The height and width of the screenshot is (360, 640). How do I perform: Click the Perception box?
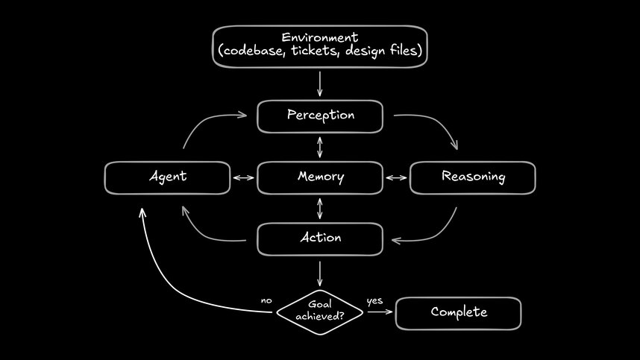point(320,116)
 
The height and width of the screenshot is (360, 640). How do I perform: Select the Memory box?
point(320,177)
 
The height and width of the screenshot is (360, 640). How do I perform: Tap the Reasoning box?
point(473,177)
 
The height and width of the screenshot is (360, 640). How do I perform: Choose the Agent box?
point(167,177)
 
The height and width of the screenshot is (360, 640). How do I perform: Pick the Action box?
point(320,239)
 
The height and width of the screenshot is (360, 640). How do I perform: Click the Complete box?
point(458,313)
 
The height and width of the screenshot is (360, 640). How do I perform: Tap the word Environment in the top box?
point(319,37)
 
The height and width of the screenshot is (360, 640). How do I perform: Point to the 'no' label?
point(266,300)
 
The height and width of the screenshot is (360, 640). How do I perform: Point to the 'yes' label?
point(374,301)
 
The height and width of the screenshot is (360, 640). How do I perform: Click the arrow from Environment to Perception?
point(320,83)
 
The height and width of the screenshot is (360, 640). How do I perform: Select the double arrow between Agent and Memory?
point(243,178)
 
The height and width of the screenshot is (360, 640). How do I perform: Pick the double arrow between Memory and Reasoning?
point(396,178)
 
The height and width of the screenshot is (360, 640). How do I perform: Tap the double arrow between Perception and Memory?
point(320,146)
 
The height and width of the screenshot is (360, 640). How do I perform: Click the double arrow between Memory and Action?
point(320,208)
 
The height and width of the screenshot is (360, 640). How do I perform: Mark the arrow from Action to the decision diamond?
point(320,273)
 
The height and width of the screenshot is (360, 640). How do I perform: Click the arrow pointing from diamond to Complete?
point(379,312)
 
